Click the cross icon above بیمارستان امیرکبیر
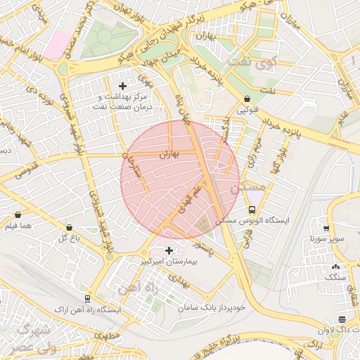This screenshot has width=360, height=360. point(169,250)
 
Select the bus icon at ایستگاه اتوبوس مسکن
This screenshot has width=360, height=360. point(252,210)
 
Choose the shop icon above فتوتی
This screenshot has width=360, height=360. point(247,100)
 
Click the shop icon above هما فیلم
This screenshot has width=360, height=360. point(18,215)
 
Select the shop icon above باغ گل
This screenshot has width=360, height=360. point(69,227)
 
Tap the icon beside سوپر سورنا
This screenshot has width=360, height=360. point(326,228)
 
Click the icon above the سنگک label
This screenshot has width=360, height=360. point(335,267)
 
